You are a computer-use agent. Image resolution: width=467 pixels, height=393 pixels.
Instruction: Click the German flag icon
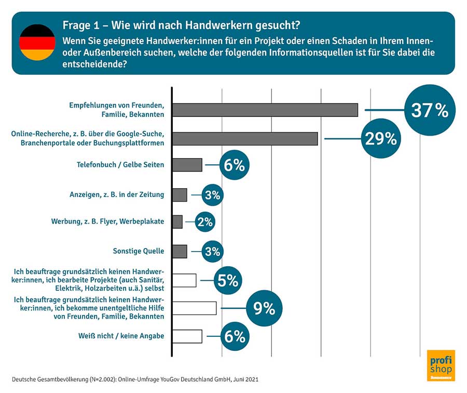[x=37, y=42]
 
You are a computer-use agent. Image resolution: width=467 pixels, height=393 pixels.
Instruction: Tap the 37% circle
[x=429, y=110]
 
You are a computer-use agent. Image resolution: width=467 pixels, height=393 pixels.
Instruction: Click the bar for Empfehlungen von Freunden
[x=265, y=110]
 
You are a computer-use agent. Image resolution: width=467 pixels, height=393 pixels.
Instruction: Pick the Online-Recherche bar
[x=245, y=139]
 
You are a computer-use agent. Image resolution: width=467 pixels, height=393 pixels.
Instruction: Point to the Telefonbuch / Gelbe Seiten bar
[x=187, y=165]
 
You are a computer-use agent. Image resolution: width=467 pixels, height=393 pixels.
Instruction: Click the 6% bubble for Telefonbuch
[x=234, y=165]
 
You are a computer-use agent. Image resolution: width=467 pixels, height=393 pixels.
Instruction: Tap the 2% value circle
[x=205, y=222]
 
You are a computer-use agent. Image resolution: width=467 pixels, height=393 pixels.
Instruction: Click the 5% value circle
[x=227, y=281]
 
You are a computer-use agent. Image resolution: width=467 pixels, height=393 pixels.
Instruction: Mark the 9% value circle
[x=264, y=308]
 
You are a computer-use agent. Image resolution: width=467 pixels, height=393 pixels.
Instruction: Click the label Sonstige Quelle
[x=138, y=251]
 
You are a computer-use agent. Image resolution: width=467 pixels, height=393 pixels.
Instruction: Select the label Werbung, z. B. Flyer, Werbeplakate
[x=107, y=221]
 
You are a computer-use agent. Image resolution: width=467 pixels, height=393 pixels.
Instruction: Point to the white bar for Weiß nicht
[x=187, y=336]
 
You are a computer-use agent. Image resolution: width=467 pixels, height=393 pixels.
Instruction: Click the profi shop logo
[x=440, y=365]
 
